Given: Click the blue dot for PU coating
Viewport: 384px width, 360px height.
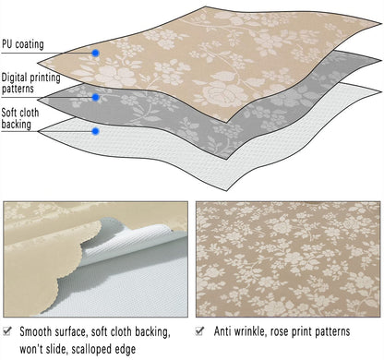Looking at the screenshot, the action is tap(96, 54).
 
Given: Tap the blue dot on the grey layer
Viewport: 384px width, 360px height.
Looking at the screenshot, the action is tap(96, 98).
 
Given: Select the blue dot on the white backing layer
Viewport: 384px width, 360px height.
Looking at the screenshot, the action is tap(96, 131).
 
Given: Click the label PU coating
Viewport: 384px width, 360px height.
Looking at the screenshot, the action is tap(23, 44).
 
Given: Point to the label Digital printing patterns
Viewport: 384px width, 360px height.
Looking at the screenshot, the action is tap(30, 83).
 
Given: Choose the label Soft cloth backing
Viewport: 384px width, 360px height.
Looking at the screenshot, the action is tap(20, 118).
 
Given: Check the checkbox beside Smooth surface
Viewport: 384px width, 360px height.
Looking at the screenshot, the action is tap(7, 331).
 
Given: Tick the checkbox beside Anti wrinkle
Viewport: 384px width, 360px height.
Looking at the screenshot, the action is tap(199, 331).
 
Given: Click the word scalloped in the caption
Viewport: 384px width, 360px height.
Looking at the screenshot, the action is tap(92, 349).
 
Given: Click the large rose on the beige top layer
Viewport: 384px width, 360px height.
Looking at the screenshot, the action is tap(218, 92).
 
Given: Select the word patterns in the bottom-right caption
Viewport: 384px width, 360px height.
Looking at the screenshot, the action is tap(333, 331).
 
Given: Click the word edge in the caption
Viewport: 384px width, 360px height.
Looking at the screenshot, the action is tap(126, 350).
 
